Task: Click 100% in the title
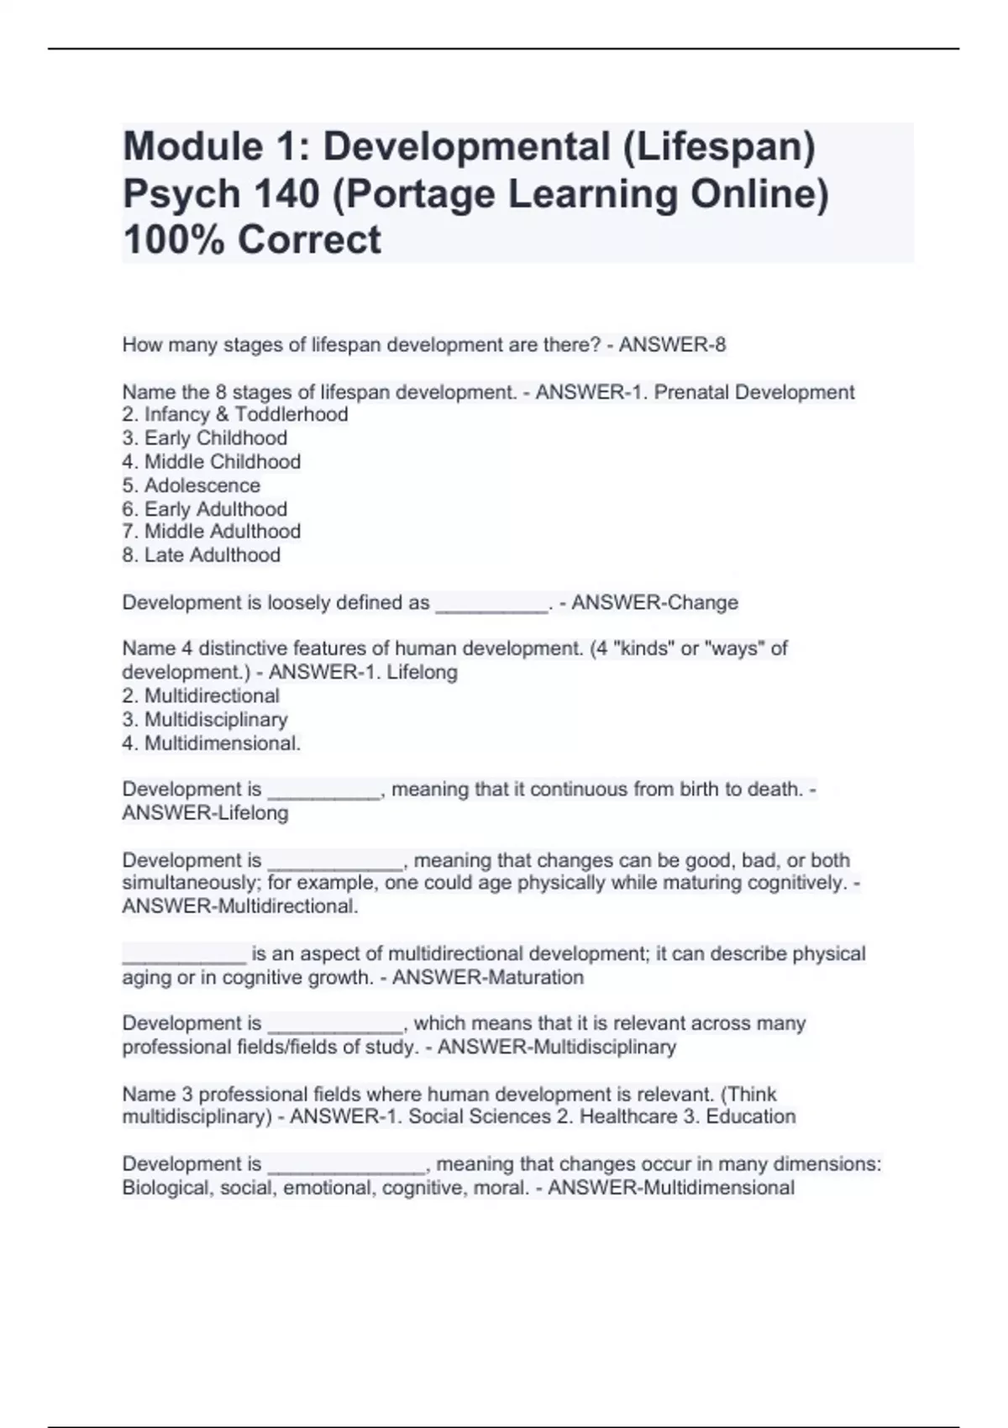click(174, 240)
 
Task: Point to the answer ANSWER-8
click(672, 345)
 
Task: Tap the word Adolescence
click(202, 486)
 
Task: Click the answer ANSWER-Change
click(654, 603)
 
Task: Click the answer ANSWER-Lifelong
click(205, 813)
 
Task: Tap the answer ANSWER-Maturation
click(487, 978)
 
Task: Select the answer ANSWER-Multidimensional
click(670, 1188)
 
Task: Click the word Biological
click(166, 1188)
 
